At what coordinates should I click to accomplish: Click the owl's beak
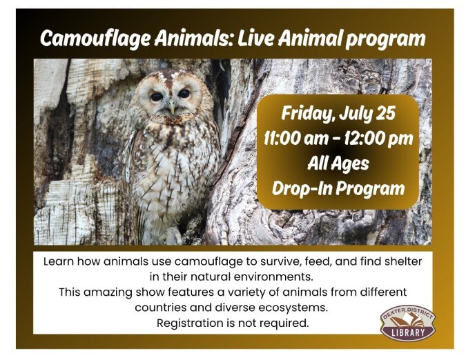(172, 108)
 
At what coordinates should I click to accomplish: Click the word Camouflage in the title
(95, 39)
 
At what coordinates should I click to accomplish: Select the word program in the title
(385, 39)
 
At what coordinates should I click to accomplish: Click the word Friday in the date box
(307, 114)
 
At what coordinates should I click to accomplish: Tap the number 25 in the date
(385, 113)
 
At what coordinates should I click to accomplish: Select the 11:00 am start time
(295, 139)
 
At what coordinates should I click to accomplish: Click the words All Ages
(338, 164)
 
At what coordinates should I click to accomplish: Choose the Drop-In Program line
(338, 188)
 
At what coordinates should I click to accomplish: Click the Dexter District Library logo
(408, 323)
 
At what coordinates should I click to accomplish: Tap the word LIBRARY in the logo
(408, 332)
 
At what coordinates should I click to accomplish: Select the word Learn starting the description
(59, 261)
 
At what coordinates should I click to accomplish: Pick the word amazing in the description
(108, 292)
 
